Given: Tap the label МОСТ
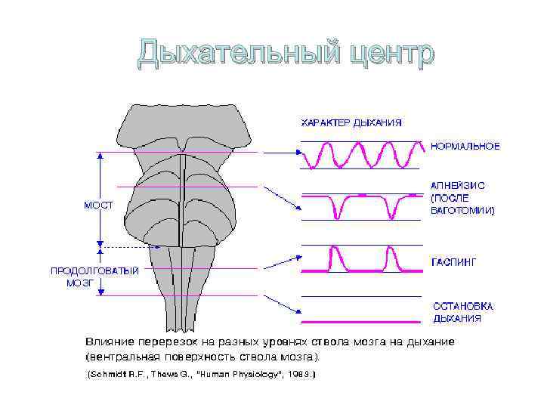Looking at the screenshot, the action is [x=97, y=206].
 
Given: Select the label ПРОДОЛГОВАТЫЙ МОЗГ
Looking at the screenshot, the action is [x=94, y=277].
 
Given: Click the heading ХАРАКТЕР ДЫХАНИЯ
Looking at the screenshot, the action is [x=351, y=122].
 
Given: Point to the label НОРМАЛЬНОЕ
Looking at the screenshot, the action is [x=465, y=145].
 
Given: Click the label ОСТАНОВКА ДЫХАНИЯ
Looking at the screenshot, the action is [x=462, y=312].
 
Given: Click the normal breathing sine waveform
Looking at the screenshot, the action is [x=360, y=156].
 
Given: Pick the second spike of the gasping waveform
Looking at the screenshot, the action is [x=391, y=258].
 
